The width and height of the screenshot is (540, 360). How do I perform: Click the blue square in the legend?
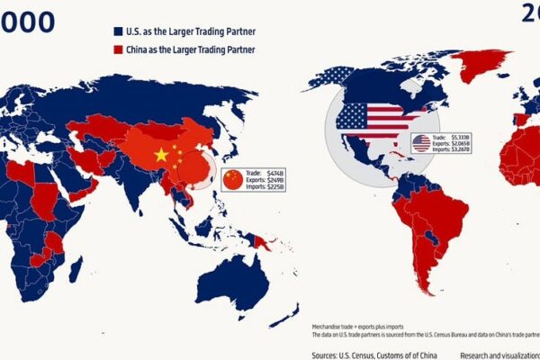click(x=118, y=30)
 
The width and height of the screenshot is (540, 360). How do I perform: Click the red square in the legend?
click(x=118, y=49)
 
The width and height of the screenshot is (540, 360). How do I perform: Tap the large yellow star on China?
click(x=161, y=155)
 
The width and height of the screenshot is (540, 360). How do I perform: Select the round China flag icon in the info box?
click(x=232, y=179)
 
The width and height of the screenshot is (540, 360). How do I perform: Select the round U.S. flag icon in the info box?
click(x=421, y=143)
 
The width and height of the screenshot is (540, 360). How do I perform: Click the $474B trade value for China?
click(x=275, y=171)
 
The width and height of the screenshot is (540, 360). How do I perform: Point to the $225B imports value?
click(x=274, y=188)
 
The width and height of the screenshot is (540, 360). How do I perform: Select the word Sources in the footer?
click(x=328, y=355)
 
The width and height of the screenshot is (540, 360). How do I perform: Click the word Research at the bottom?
click(x=478, y=355)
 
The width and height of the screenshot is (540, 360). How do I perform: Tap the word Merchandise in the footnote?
click(x=328, y=326)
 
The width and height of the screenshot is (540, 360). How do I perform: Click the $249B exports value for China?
click(x=274, y=180)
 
